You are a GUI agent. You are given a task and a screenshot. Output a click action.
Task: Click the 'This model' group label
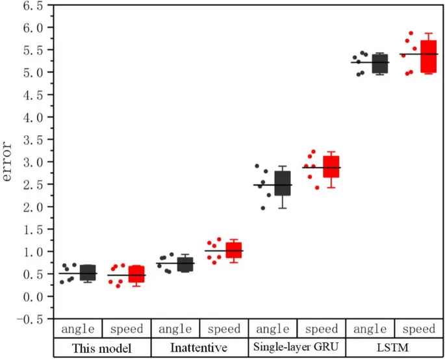point(102,348)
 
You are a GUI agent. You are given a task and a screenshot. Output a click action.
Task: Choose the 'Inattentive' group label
point(199,348)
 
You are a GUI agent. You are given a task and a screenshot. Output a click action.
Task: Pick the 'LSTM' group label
point(395,348)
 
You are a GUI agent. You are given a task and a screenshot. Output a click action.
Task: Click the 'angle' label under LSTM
point(370,329)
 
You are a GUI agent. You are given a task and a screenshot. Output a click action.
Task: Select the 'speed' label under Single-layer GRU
point(322,329)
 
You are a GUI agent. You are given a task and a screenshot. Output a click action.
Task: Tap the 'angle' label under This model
point(78,329)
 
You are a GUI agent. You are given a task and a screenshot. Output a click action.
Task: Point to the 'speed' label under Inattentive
point(224,329)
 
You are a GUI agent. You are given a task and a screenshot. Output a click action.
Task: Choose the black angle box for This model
point(88,273)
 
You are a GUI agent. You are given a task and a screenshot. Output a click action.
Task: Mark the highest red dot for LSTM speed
point(410,33)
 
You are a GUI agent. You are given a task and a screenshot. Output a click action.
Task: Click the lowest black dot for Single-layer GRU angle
point(263,208)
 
